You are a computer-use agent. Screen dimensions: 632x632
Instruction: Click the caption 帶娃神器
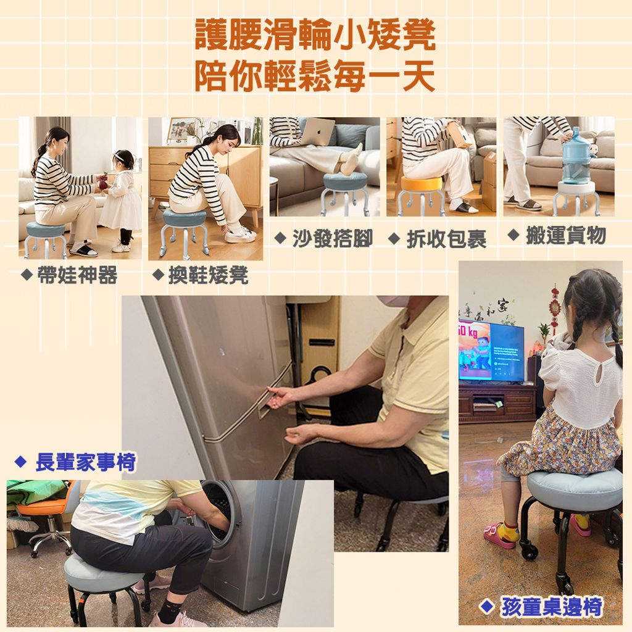[77, 275]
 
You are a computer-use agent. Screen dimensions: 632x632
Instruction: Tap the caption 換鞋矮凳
[209, 276]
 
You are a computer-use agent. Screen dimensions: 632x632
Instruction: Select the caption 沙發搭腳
[333, 238]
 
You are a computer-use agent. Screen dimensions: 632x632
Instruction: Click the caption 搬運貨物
[566, 235]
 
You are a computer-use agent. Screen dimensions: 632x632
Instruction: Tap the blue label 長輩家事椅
[86, 462]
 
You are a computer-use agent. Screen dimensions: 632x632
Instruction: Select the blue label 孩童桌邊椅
[551, 607]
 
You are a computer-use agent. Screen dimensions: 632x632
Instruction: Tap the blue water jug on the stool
[576, 156]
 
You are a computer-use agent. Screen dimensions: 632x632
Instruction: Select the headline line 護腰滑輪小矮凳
[315, 35]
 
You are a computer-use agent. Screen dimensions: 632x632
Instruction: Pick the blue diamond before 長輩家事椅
[20, 462]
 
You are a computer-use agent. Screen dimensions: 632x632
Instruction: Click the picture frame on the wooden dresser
[180, 131]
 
